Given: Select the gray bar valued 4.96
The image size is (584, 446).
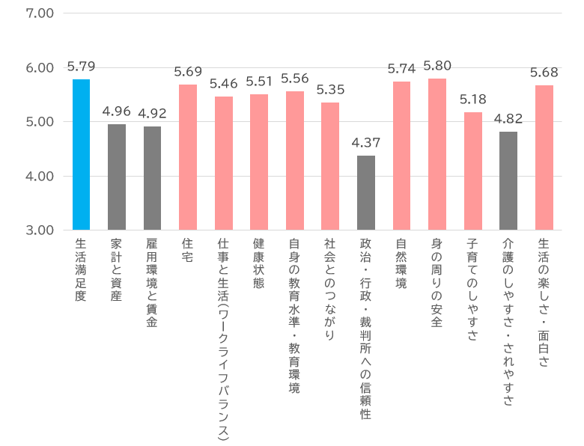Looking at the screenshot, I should click(x=117, y=177).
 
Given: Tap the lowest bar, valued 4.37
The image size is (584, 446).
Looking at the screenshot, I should click(x=366, y=193).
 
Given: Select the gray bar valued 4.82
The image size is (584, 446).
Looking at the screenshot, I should click(x=508, y=181).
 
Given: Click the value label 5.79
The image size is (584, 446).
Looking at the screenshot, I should click(x=81, y=66).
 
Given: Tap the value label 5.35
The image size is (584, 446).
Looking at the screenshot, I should click(x=330, y=89).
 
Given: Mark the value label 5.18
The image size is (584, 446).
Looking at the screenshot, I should click(x=473, y=99).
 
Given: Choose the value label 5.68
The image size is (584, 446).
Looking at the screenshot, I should click(x=544, y=72).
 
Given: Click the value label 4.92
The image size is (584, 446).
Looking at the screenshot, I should click(x=152, y=113).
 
